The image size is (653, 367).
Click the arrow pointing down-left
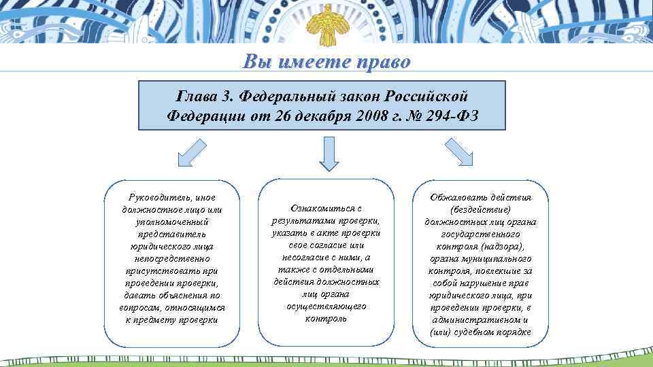click(191, 152)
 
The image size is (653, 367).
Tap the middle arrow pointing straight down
click(329, 152)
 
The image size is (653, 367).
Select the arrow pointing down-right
click(460, 152)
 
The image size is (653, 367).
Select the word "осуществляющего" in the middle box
click(326, 307)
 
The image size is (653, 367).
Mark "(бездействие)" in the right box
click(480, 209)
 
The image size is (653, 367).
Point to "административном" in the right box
click(476, 319)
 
